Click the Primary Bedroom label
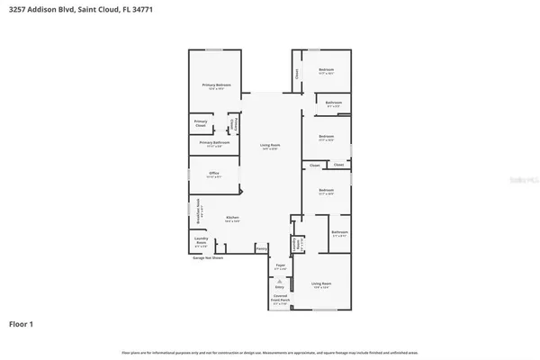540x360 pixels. (215, 86)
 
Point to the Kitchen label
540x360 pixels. (232, 219)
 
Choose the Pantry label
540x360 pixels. (261, 247)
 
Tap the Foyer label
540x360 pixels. (280, 266)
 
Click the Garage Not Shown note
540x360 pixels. (211, 256)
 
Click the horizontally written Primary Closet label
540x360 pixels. (202, 124)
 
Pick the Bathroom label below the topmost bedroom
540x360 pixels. (334, 103)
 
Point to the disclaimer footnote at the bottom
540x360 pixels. (270, 352)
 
